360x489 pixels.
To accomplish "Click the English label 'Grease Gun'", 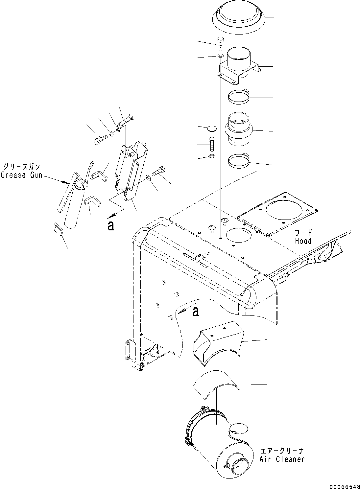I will [21, 175].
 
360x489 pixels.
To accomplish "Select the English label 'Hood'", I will [303, 241].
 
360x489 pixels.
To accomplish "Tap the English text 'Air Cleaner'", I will [282, 459].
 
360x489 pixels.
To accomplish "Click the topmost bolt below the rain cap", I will [220, 44].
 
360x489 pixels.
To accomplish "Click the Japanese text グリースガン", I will [22, 166].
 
